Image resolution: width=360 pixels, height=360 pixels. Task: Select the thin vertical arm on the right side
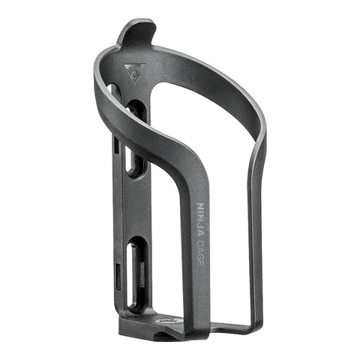pos(256,240)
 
